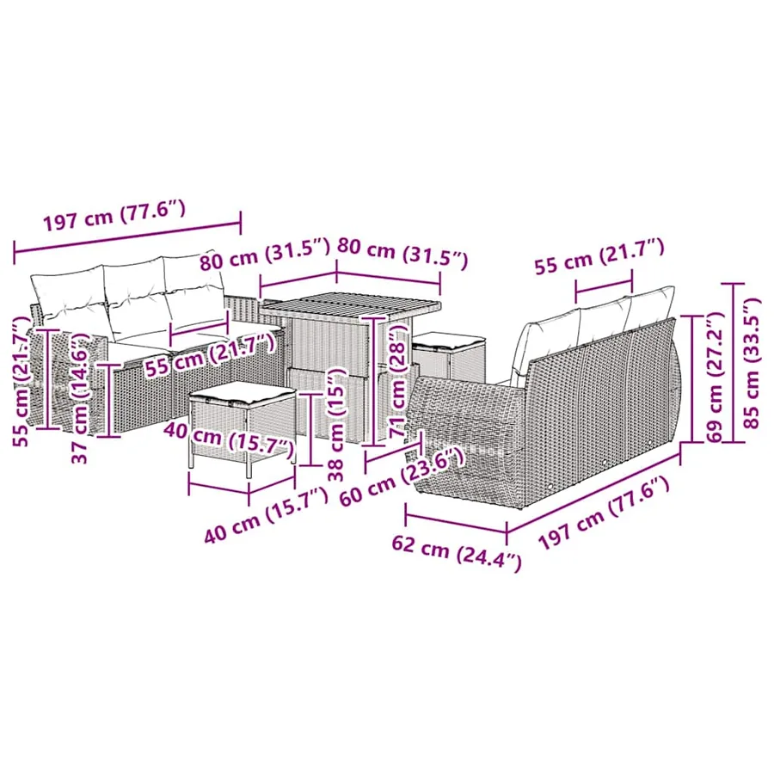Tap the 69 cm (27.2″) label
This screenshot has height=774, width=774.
click(x=716, y=377)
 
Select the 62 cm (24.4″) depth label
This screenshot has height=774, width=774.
click(x=457, y=553)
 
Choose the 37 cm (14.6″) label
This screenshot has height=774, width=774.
click(x=81, y=397)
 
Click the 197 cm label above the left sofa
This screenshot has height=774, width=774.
click(x=114, y=216)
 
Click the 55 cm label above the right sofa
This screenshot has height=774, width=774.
click(x=599, y=256)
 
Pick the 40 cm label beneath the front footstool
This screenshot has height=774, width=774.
click(x=266, y=514)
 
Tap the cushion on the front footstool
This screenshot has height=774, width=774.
click(x=242, y=393)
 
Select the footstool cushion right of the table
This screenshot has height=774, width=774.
click(x=449, y=339)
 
